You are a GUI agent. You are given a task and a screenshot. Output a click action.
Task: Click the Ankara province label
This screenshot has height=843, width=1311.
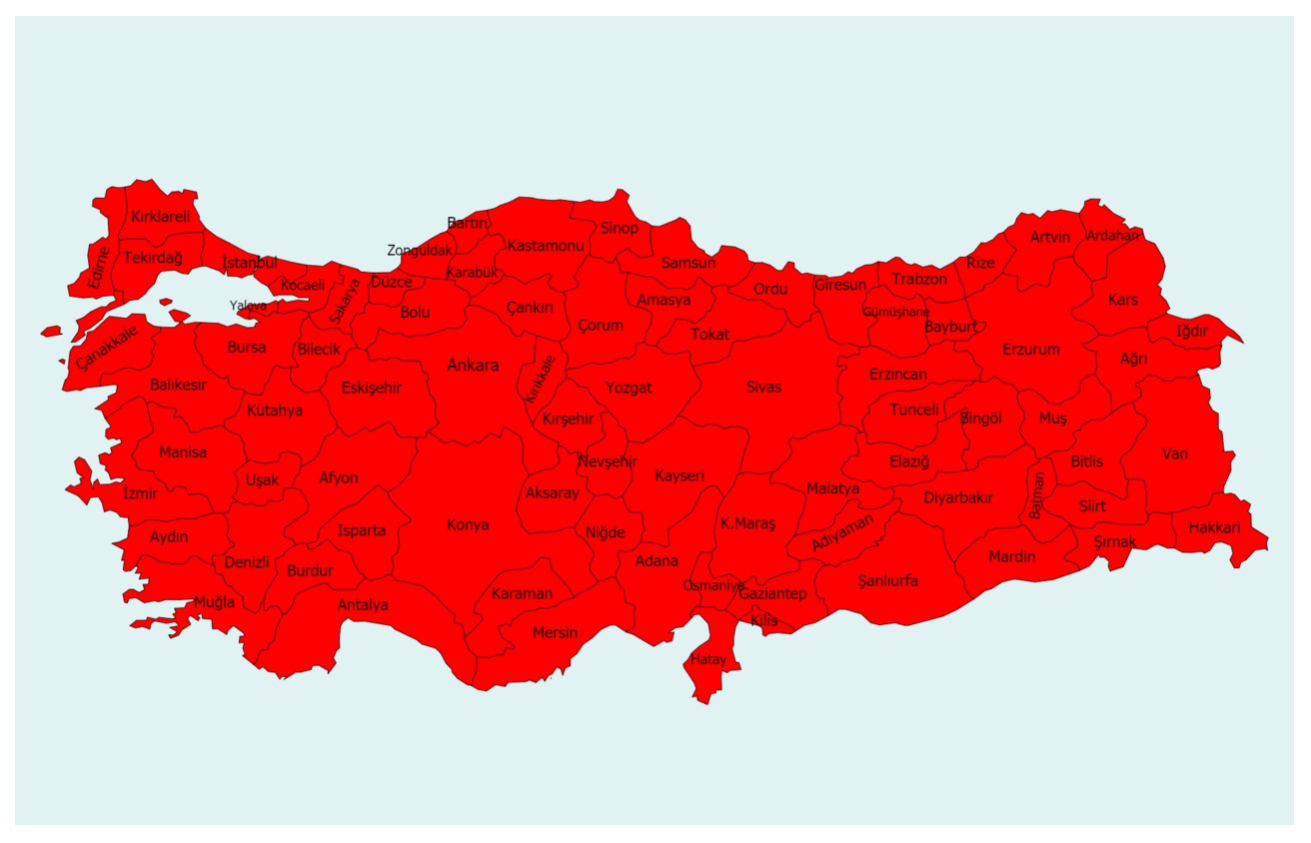473,366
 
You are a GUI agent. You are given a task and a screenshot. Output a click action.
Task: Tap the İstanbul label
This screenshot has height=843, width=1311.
250,263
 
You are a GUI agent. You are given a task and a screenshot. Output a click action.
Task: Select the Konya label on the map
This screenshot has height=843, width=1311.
468,524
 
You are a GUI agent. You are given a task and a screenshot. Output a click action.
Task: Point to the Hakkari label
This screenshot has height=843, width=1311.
1214,527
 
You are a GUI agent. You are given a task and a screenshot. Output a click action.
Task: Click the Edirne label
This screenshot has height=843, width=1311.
98,267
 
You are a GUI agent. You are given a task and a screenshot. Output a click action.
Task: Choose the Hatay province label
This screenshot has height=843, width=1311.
708,659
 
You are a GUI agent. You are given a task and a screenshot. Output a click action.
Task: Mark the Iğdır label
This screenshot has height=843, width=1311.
1192,331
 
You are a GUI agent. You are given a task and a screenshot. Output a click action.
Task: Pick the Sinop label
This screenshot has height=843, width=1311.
619,228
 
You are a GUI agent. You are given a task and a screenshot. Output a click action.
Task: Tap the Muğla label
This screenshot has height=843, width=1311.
214,602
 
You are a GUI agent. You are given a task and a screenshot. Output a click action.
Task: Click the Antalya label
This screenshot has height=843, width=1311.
363,604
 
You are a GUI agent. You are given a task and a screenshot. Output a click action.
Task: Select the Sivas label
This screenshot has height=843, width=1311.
763,387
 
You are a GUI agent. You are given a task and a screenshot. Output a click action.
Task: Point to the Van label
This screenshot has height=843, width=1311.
1175,453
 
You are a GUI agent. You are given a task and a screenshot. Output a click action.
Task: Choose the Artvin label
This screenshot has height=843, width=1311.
1050,237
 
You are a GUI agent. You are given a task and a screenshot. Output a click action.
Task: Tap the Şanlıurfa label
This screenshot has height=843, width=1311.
887,580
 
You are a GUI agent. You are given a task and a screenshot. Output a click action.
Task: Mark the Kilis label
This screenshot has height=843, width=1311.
763,620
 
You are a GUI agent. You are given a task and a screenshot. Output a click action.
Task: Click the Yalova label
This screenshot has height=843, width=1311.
248,305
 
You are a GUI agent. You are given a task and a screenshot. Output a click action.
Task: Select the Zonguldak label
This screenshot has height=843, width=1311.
420,251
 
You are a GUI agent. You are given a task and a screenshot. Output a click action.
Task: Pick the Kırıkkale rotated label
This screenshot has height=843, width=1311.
541,378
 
